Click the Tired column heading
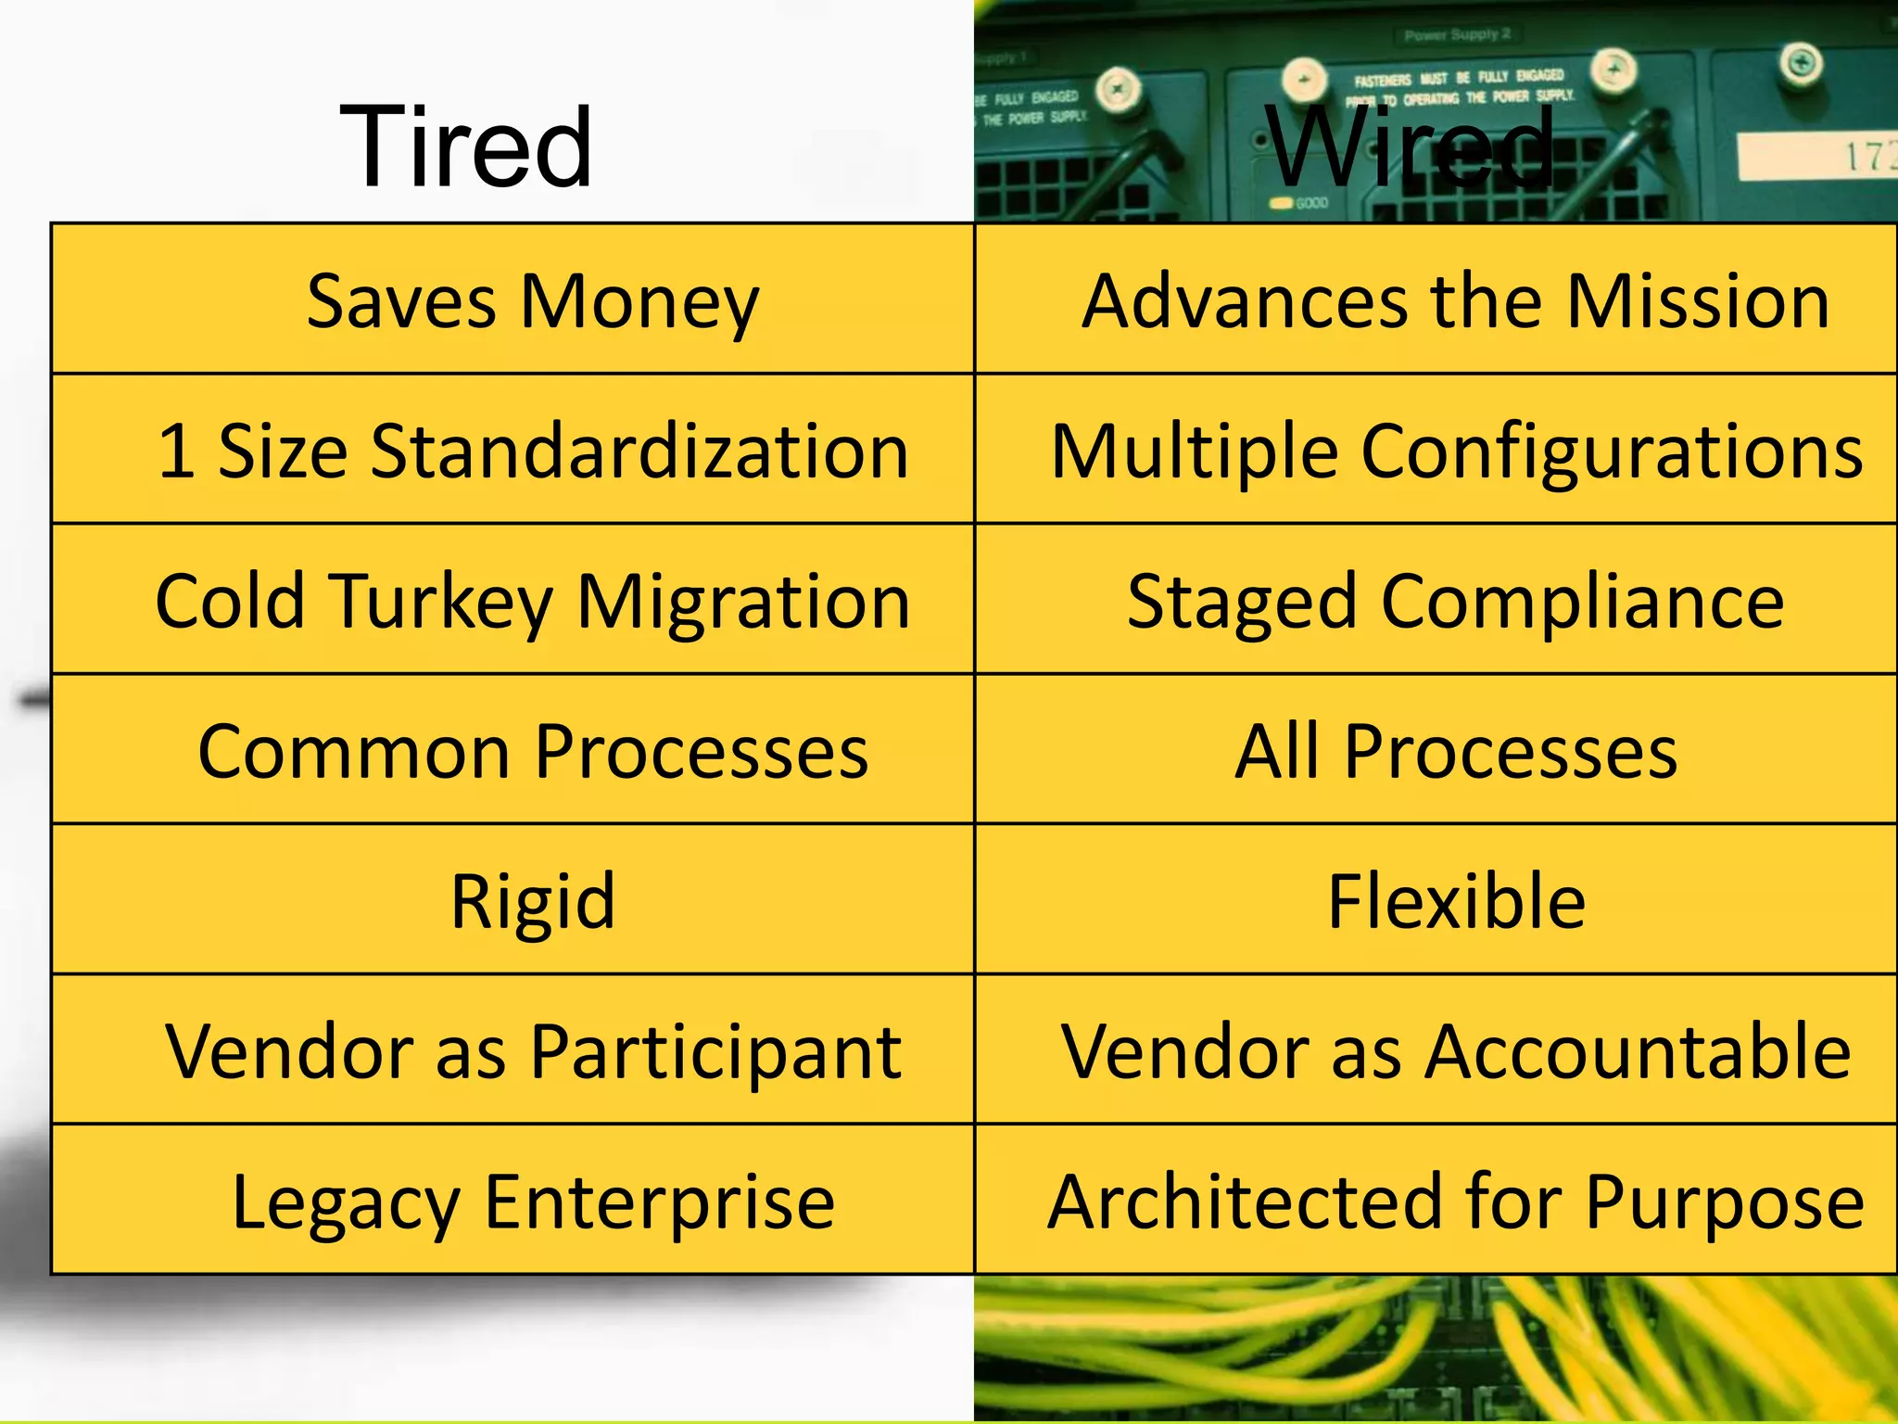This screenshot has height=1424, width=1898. pyautogui.click(x=466, y=146)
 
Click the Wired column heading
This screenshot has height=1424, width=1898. pyautogui.click(x=1411, y=146)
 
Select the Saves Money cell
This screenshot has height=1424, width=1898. pyautogui.click(x=533, y=301)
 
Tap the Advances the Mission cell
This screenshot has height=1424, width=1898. pyautogui.click(x=1456, y=301)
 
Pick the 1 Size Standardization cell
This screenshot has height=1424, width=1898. pyautogui.click(x=533, y=451)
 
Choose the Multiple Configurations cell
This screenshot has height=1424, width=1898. pyautogui.click(x=1456, y=451)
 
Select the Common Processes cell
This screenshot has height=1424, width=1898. pyautogui.click(x=533, y=751)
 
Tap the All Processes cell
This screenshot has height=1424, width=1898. pyautogui.click(x=1456, y=751)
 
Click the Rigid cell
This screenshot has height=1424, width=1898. pyautogui.click(x=533, y=900)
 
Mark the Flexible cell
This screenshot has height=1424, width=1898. pyautogui.click(x=1456, y=900)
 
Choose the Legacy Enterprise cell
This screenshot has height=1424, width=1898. pyautogui.click(x=533, y=1201)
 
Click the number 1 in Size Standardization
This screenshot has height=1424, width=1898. pyautogui.click(x=176, y=451)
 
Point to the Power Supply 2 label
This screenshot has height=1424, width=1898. pyautogui.click(x=1457, y=34)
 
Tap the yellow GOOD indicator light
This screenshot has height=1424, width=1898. pyautogui.click(x=1282, y=202)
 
